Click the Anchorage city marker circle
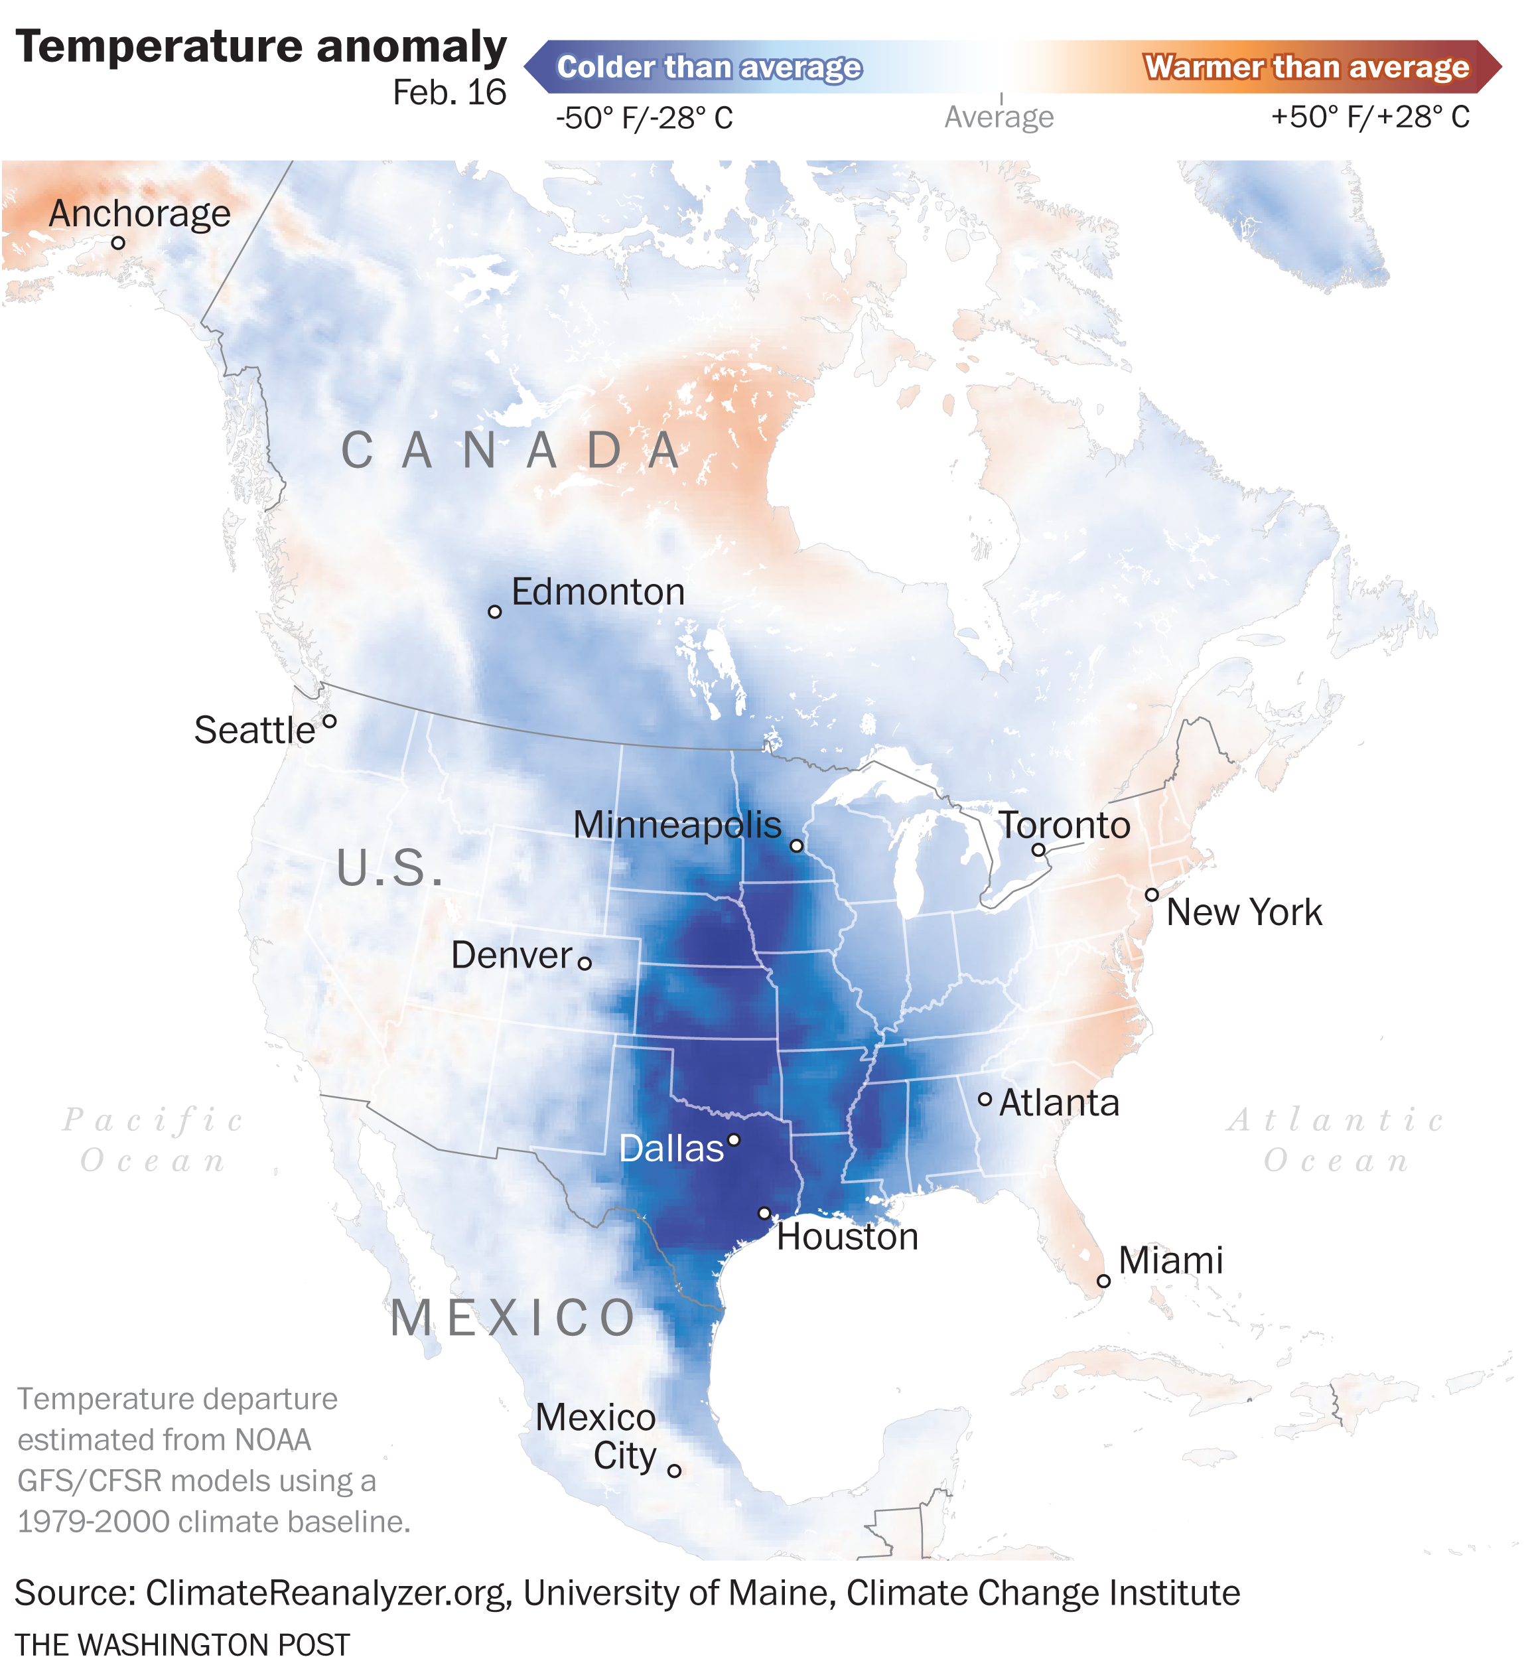(118, 243)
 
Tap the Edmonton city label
(598, 592)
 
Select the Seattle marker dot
(330, 722)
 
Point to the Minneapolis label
(677, 825)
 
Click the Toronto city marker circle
(1039, 849)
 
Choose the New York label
(1243, 912)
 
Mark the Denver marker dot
(585, 963)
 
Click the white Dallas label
(671, 1149)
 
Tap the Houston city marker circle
(764, 1213)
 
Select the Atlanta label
(1060, 1103)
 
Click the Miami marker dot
(1103, 1281)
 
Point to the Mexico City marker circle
(675, 1471)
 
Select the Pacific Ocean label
(153, 1140)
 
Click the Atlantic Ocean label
(1335, 1140)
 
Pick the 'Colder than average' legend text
(709, 67)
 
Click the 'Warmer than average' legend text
(1306, 67)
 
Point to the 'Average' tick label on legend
(999, 117)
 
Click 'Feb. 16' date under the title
(449, 92)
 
